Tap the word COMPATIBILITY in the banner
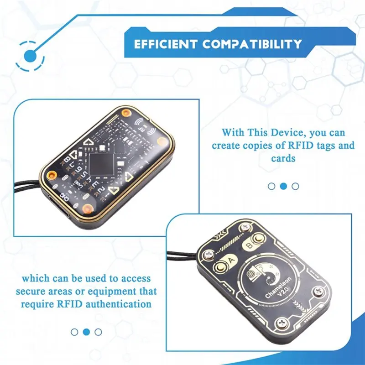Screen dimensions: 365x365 tap(252, 44)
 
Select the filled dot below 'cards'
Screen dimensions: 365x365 tap(283, 186)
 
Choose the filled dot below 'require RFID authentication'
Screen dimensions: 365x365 tap(86, 332)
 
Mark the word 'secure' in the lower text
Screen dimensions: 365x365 tap(33, 291)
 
